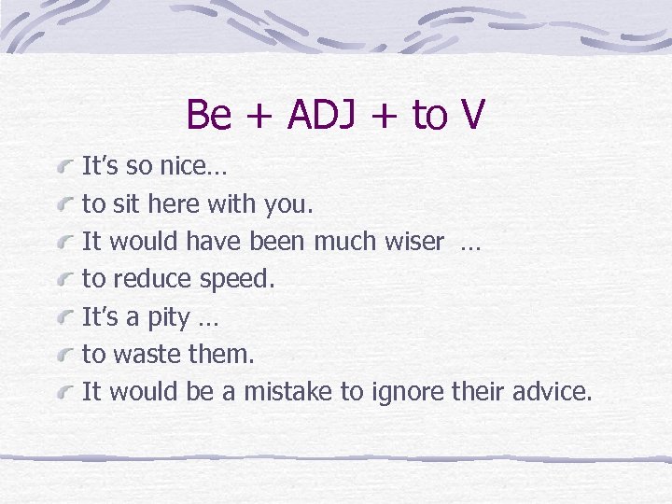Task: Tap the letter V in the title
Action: click(472, 115)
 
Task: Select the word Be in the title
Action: click(208, 115)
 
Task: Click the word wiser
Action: click(414, 242)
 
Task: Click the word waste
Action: click(149, 354)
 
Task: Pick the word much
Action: click(344, 242)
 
